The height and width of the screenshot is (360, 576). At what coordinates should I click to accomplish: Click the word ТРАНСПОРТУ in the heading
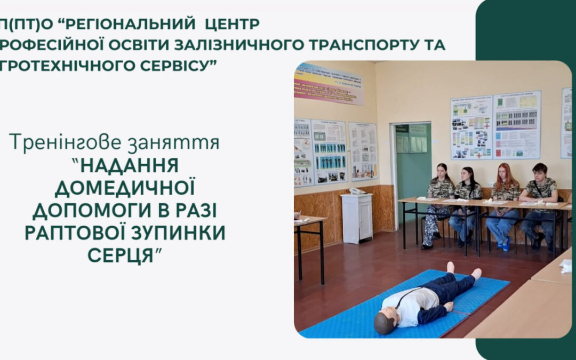[x=371, y=44]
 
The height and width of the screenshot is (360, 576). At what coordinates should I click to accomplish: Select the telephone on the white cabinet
[x=356, y=191]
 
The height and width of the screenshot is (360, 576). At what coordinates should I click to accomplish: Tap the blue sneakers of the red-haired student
[x=504, y=245]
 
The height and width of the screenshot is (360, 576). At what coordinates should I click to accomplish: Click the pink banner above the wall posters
[x=328, y=84]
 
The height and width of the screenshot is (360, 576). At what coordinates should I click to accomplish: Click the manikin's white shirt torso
[x=416, y=305]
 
